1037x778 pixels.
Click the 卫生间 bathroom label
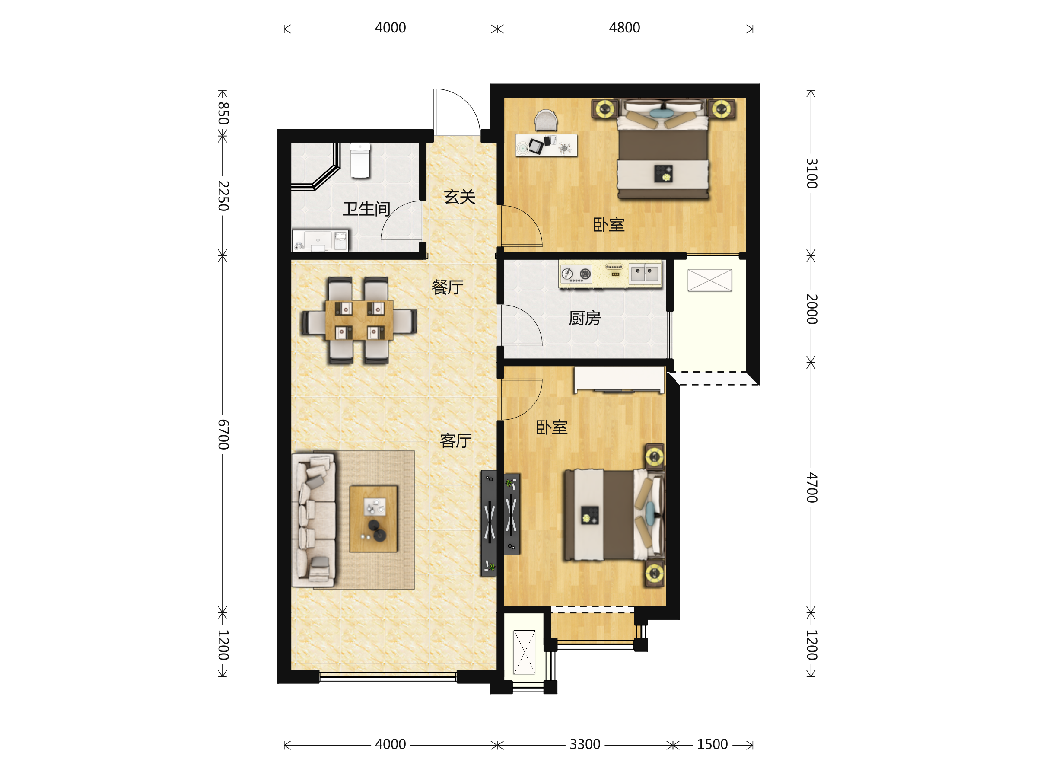366,209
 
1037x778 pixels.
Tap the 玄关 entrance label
459,197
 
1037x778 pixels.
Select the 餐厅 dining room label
447,287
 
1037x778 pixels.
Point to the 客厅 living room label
455,441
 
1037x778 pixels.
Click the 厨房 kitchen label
585,318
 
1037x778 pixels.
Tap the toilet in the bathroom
360,160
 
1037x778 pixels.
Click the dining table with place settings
359,321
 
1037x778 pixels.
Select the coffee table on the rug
373,519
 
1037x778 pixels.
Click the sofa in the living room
314,520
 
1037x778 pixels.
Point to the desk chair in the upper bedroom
546,120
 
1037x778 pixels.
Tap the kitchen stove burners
576,274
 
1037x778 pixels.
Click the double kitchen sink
644,273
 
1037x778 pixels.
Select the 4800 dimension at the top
624,28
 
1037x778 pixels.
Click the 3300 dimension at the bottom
585,745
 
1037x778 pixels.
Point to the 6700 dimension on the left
223,435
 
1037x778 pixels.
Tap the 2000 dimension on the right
811,309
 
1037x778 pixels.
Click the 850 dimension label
223,114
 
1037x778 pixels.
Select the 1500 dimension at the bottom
712,745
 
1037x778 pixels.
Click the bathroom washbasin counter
320,241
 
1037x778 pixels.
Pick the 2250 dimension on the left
223,196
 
